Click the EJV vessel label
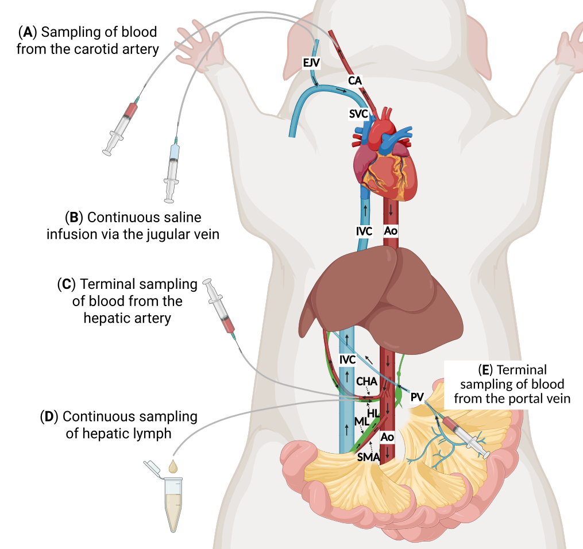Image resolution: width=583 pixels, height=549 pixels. pos(311,63)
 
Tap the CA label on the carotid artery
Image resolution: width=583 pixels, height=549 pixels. pos(355,80)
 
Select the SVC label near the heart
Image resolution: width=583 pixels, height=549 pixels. pos(358,114)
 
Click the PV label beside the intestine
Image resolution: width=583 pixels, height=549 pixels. pos(417,397)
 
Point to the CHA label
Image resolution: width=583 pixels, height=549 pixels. pos(366,381)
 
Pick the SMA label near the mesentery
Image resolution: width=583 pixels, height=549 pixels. pos(368,457)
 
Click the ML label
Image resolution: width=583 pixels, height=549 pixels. pos(361,422)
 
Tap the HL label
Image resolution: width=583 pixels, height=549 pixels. pos(373,413)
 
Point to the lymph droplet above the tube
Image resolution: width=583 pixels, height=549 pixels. pos(173,466)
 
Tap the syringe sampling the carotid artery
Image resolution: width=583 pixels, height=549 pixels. pos(121,125)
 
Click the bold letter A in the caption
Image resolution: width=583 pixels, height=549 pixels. pos(28,32)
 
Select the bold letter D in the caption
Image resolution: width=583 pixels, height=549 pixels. pos(49,417)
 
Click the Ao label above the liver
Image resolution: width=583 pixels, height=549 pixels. pos(391,231)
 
